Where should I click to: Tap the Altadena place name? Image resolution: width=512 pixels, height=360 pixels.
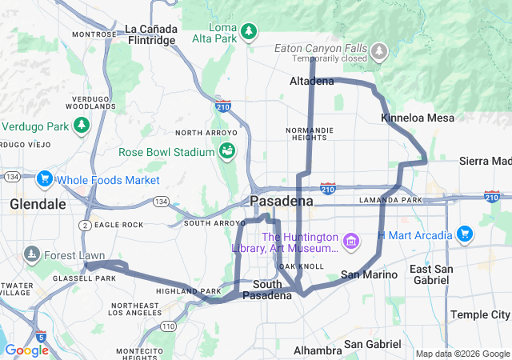pos(311,82)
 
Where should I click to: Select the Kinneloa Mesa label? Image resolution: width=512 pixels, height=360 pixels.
pos(418,118)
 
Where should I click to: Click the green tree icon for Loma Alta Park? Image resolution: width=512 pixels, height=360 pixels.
pos(250,31)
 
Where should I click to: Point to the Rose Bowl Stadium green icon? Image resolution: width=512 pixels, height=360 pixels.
pos(227,151)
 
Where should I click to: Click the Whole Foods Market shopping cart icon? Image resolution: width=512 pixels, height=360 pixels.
pos(44,180)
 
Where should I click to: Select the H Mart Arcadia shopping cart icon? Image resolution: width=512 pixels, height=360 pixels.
pos(464,234)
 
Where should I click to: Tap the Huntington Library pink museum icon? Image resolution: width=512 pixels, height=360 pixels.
pos(350,241)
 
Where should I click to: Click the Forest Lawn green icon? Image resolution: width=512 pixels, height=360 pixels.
pos(32,255)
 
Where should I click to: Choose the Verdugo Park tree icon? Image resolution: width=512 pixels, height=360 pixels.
pos(81,126)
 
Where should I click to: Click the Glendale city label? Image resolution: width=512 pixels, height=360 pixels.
pos(38,204)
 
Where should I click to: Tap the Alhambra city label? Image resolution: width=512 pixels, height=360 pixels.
pos(318,350)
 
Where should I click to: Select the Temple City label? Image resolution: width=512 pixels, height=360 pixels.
pos(480,314)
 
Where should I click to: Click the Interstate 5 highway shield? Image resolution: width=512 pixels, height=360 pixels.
pos(41,335)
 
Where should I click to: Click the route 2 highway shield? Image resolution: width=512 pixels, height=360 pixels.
pos(84,226)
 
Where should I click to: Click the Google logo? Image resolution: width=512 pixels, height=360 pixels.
pos(26,350)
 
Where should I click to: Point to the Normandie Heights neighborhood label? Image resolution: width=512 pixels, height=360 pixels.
pos(307,133)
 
